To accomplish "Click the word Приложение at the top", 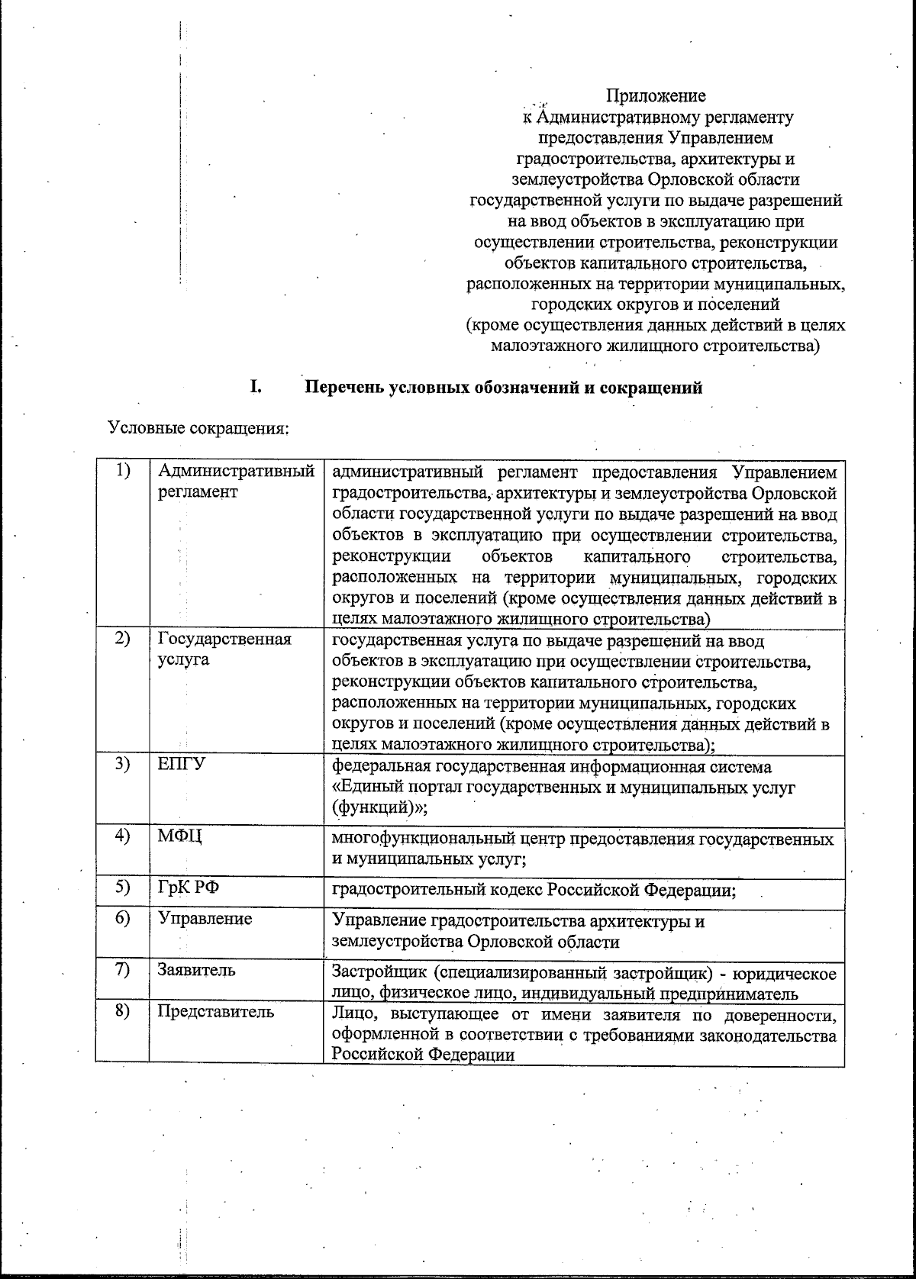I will (656, 96).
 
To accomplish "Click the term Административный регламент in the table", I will (236, 482).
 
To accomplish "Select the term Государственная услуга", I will (224, 649).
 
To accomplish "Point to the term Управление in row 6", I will (205, 918).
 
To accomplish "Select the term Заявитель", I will (196, 970).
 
